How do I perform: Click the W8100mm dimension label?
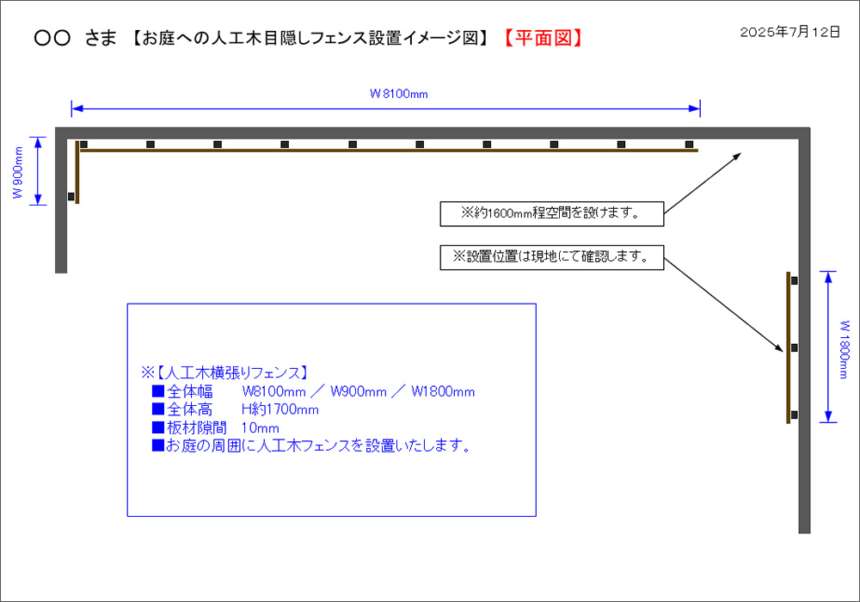coord(398,94)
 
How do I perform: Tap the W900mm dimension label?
coord(17,172)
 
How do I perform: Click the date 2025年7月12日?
coord(789,32)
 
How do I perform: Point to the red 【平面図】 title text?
coord(543,38)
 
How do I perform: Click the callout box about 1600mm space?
coord(551,213)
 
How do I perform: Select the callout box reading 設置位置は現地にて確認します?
coord(551,256)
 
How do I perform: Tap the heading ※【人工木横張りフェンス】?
coord(224,373)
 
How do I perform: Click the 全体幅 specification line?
coord(313,392)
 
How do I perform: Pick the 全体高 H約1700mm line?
coord(235,409)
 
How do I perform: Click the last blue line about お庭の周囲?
coord(310,445)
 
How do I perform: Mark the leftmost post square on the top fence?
coord(83,144)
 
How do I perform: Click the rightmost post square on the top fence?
coord(689,144)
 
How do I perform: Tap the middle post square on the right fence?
coord(794,347)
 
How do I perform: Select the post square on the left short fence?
coord(71,197)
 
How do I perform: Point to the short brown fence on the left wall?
coord(77,172)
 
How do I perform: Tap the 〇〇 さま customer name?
coord(75,38)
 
